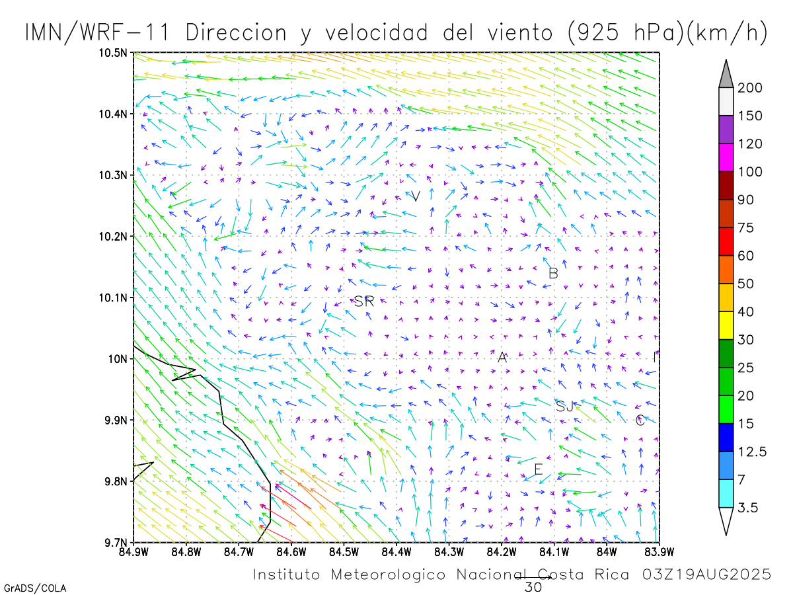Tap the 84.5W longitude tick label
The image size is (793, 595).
[x=343, y=551]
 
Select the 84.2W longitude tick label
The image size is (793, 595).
[x=502, y=551]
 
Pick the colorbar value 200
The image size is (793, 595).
[x=750, y=88]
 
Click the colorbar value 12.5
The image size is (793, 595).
[x=753, y=452]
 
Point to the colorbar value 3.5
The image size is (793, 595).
[x=749, y=508]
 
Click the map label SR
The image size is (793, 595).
[x=364, y=301]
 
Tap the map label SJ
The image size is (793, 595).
[x=564, y=406]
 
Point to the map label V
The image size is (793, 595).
[x=416, y=196]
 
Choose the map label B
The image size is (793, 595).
[x=553, y=272]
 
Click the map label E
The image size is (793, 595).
[x=538, y=469]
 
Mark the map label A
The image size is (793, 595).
[x=502, y=358]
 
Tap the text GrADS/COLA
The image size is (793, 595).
[x=35, y=588]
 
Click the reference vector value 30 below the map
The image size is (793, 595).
[x=533, y=586]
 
